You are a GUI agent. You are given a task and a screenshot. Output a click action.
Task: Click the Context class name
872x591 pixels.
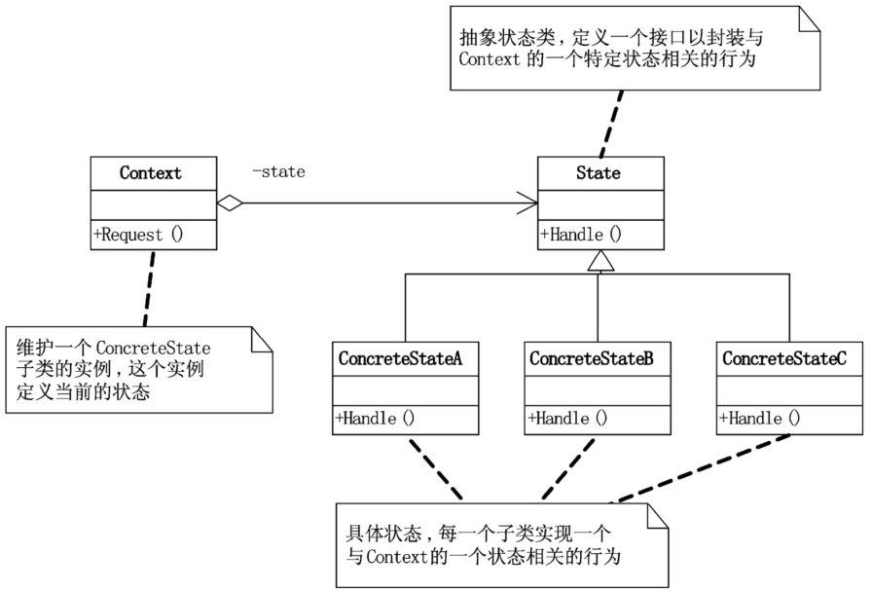pyautogui.click(x=150, y=173)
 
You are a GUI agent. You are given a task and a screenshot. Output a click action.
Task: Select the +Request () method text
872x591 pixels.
pyautogui.click(x=138, y=235)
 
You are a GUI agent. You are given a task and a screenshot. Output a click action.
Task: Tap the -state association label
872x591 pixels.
pyautogui.click(x=278, y=171)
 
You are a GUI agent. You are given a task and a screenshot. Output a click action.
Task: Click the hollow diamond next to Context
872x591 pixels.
pyautogui.click(x=230, y=203)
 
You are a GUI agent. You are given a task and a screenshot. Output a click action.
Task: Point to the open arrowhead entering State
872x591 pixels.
pyautogui.click(x=527, y=203)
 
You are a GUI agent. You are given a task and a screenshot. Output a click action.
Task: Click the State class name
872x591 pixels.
pyautogui.click(x=599, y=173)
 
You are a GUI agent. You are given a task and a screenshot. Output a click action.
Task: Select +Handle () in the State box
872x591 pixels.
pyautogui.click(x=581, y=234)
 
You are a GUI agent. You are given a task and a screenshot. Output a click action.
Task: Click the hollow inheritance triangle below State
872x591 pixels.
pyautogui.click(x=600, y=261)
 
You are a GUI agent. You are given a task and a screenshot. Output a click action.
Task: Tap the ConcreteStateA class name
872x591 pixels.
pyautogui.click(x=400, y=358)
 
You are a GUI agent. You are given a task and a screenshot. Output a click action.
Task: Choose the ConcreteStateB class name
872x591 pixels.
pyautogui.click(x=591, y=358)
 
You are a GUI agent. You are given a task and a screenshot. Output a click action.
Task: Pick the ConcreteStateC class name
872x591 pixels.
pyautogui.click(x=784, y=358)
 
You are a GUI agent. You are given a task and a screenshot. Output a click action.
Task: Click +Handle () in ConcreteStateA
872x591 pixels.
pyautogui.click(x=375, y=418)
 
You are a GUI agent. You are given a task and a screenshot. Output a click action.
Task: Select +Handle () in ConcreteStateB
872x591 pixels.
pyautogui.click(x=567, y=418)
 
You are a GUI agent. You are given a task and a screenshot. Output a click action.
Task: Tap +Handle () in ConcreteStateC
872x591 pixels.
pyautogui.click(x=760, y=418)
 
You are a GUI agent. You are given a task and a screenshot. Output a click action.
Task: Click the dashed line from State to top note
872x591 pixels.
pyautogui.click(x=611, y=124)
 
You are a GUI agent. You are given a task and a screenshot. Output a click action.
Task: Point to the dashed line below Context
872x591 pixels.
pyautogui.click(x=149, y=288)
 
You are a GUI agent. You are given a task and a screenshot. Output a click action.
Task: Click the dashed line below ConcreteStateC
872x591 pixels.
pyautogui.click(x=701, y=468)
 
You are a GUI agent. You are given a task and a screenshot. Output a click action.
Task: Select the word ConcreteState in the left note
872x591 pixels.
pyautogui.click(x=154, y=349)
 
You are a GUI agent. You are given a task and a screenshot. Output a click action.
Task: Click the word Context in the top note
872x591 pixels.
pyautogui.click(x=490, y=59)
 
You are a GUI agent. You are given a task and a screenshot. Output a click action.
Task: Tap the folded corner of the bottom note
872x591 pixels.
pyautogui.click(x=657, y=515)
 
